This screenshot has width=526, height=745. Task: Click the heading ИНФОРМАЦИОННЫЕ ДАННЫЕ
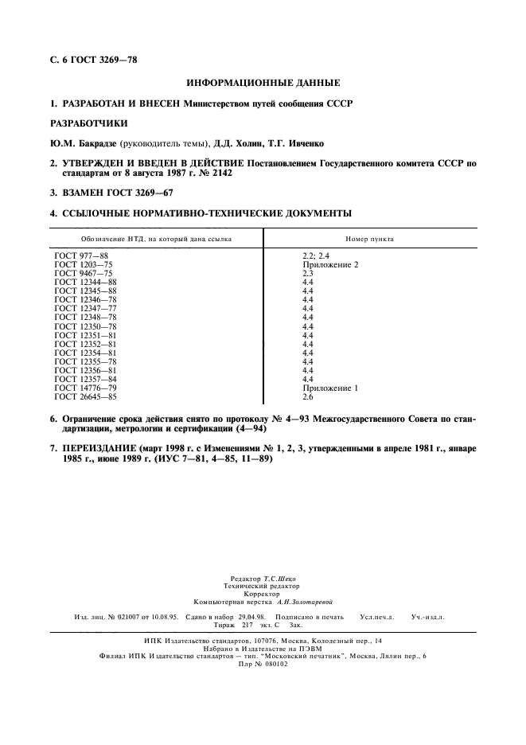[263, 83]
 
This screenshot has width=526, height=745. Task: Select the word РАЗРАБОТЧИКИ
[88, 123]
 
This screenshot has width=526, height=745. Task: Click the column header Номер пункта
[369, 239]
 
